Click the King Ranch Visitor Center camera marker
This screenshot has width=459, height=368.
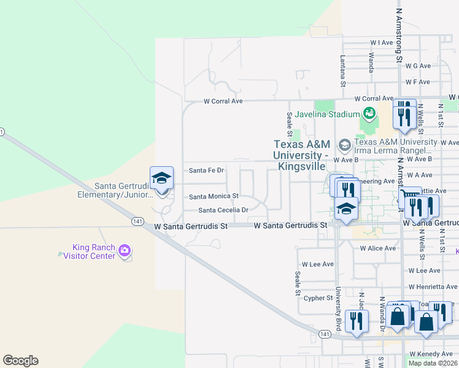(125, 250)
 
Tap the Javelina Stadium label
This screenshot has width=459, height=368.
(326, 114)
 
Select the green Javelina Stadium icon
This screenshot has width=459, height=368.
(369, 113)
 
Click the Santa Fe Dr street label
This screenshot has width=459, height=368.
(206, 171)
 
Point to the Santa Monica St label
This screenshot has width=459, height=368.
(214, 197)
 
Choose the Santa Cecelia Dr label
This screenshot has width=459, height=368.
(223, 210)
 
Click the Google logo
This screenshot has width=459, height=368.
(20, 361)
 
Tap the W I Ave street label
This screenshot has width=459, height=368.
(381, 43)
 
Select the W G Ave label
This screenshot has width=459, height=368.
(418, 66)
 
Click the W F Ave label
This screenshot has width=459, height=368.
(417, 82)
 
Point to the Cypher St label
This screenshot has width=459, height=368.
(318, 298)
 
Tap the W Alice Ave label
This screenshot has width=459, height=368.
(378, 248)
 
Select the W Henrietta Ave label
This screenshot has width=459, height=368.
(433, 286)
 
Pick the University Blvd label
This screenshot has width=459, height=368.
(338, 307)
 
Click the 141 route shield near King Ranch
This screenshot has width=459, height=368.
(137, 221)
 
